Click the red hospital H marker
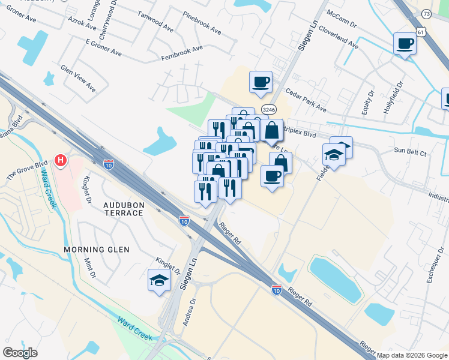pyautogui.click(x=60, y=160)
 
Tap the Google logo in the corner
pyautogui.click(x=20, y=353)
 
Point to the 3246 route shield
pyautogui.click(x=268, y=109)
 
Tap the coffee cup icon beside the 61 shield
pyautogui.click(x=405, y=44)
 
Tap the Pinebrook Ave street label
pyautogui.click(x=202, y=22)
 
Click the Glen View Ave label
pyautogui.click(x=78, y=78)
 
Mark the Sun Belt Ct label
pyautogui.click(x=411, y=153)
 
